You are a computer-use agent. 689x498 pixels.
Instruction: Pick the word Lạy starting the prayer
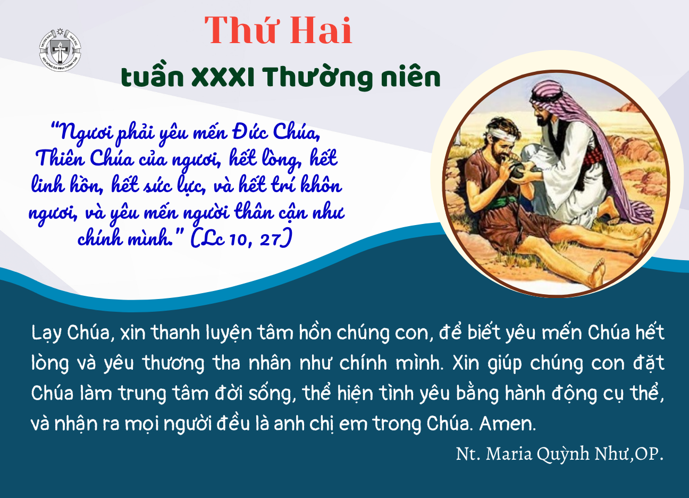click(46, 334)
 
